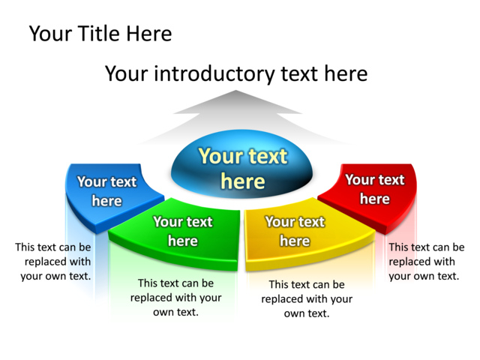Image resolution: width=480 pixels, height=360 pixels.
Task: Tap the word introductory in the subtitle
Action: [x=214, y=74]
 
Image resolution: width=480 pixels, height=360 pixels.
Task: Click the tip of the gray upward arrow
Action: [x=235, y=90]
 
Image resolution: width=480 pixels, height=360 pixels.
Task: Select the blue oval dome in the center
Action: [x=241, y=163]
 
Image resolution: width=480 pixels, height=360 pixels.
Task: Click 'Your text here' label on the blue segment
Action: [x=106, y=191]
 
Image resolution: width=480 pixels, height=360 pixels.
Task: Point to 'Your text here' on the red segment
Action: [x=375, y=189]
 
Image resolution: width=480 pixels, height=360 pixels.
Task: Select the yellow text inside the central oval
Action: [x=243, y=169]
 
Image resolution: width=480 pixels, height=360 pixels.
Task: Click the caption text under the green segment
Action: [x=176, y=298]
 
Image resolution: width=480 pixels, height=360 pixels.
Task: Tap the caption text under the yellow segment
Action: [x=307, y=298]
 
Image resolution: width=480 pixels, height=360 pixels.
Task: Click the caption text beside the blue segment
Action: [x=53, y=262]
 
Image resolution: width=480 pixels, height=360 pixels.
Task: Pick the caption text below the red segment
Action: [x=427, y=262]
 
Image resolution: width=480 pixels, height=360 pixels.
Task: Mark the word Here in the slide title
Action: [x=149, y=33]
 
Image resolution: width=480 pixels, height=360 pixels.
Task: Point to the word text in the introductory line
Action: [x=298, y=74]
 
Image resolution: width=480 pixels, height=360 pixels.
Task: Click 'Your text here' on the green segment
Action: [x=183, y=231]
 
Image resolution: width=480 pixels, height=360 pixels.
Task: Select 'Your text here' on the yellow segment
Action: [x=295, y=231]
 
